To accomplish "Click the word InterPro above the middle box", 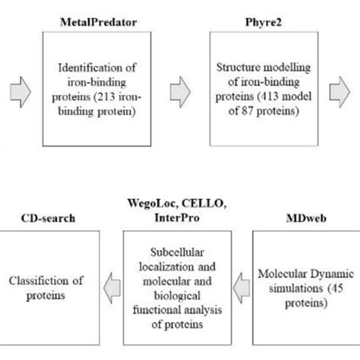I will [174, 219].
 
